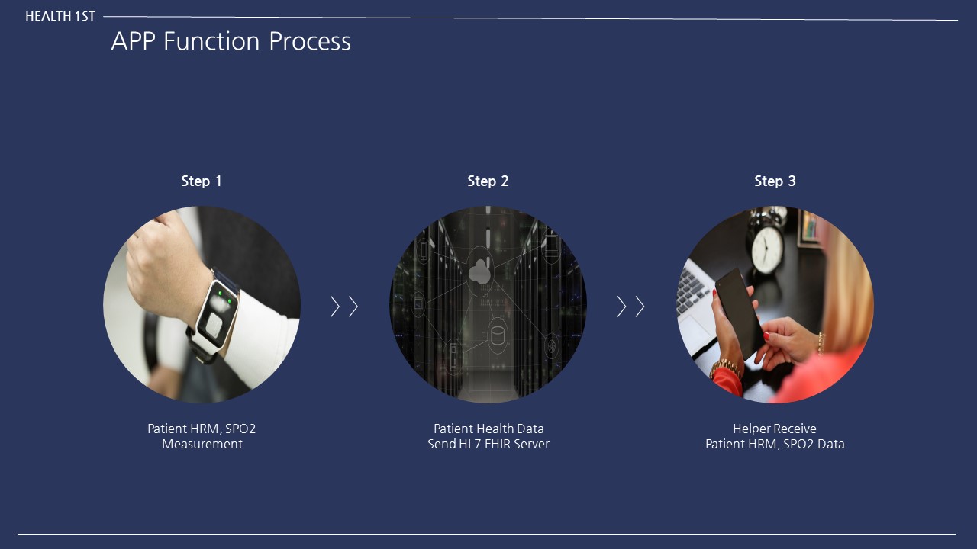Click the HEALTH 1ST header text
60,16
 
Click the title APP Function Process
231,41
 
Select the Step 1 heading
202,181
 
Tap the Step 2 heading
488,181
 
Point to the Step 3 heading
775,181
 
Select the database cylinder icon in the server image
498,334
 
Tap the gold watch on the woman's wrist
725,369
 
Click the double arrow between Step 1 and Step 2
344,307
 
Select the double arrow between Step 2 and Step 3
630,307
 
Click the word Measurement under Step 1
202,444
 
